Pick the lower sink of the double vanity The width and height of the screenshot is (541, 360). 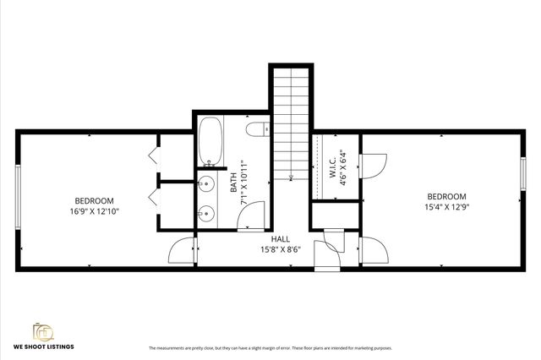coord(205,213)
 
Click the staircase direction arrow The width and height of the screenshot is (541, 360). coord(291,176)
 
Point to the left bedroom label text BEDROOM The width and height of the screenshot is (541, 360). coord(95,201)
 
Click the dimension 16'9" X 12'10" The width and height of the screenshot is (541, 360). coord(95,212)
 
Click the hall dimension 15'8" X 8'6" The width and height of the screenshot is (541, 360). coord(281,249)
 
